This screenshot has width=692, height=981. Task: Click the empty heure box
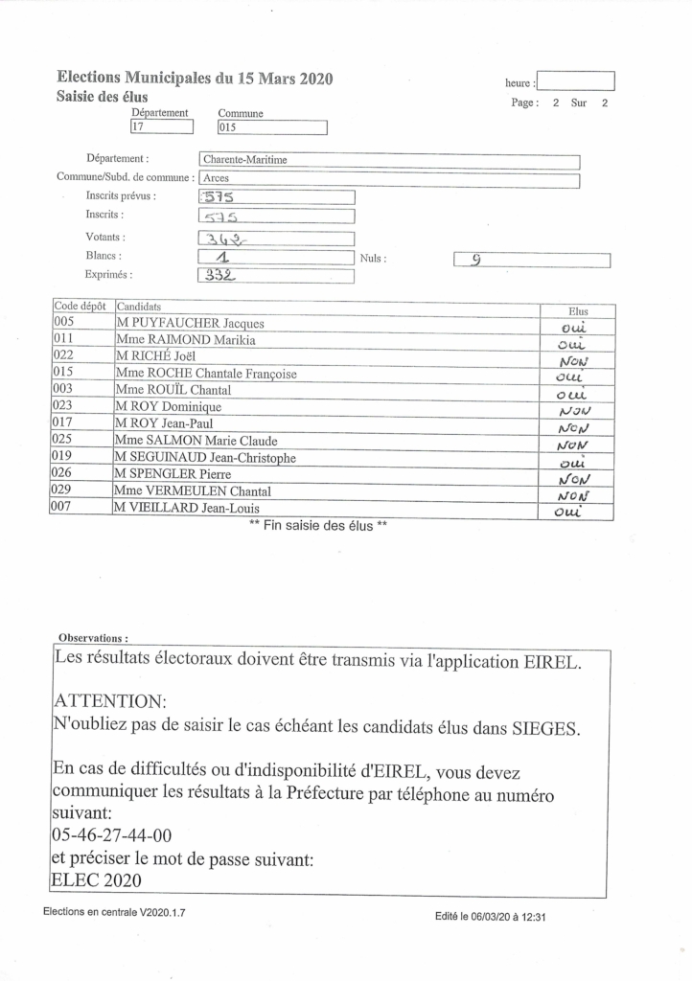click(576, 81)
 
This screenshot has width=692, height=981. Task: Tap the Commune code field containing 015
click(272, 127)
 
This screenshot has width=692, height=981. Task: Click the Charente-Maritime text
click(245, 161)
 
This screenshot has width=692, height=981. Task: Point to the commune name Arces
click(216, 179)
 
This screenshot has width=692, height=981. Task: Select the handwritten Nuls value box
click(531, 259)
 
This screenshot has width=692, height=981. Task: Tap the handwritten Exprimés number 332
click(219, 276)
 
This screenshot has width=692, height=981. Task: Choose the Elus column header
click(578, 310)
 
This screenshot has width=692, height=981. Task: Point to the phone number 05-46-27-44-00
click(112, 835)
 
